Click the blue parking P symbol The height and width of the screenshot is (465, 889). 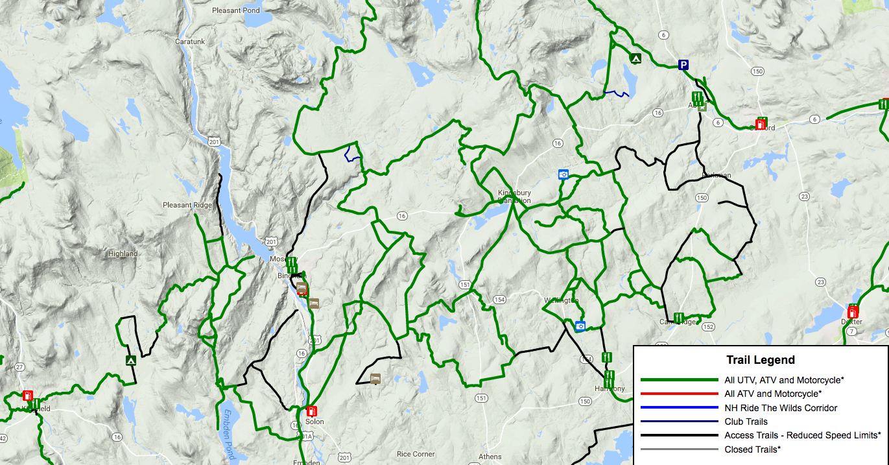coord(683,64)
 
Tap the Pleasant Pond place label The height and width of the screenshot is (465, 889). coord(235,10)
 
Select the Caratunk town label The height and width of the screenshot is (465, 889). coord(190,41)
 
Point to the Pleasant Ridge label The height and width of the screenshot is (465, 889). coord(187,205)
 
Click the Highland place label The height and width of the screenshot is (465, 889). coord(123,254)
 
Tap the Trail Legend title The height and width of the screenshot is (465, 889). coord(760,360)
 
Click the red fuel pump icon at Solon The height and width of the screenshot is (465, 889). coord(311,411)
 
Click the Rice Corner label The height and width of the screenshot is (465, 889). coord(416,454)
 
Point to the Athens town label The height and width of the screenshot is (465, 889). coord(490,457)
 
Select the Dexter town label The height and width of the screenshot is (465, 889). coord(851,322)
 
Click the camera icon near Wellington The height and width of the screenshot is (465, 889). coord(580,326)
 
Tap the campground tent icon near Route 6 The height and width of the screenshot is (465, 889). coord(636,58)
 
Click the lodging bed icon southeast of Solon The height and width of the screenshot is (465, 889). coord(375,378)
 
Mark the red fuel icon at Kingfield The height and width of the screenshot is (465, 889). coord(28,395)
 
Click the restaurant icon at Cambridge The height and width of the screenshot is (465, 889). coord(678,318)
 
